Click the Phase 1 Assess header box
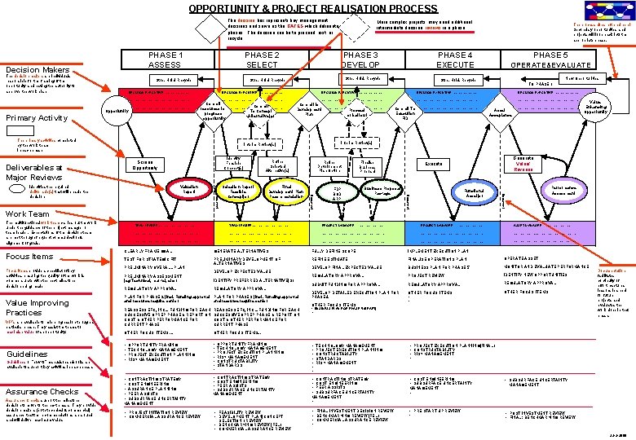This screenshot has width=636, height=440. [x=165, y=59]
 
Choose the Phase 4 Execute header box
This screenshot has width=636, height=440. [x=454, y=59]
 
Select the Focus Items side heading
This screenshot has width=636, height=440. [x=30, y=256]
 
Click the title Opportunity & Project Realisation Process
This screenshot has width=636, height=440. [x=302, y=8]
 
